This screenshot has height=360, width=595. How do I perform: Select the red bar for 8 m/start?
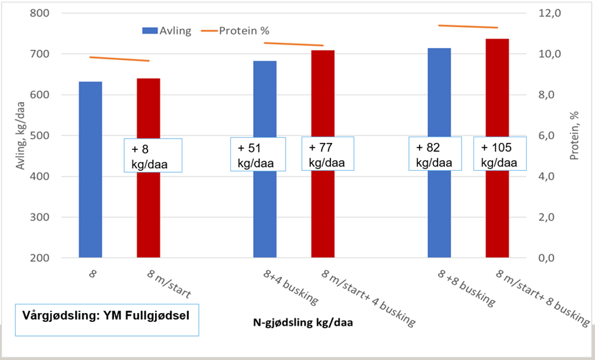click(x=149, y=209)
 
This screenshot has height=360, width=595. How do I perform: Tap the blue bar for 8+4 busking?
click(x=265, y=209)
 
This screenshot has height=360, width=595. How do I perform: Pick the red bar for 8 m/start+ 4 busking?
click(x=323, y=209)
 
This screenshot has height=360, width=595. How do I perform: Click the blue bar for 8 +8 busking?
click(x=439, y=209)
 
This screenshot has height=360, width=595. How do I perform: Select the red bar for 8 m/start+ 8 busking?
click(x=498, y=209)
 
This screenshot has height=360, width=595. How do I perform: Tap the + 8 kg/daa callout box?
click(x=153, y=155)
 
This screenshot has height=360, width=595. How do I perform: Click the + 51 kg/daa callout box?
click(x=259, y=154)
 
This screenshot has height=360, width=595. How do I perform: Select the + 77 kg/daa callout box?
click(x=327, y=154)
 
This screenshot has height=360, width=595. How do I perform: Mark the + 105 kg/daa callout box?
click(x=500, y=154)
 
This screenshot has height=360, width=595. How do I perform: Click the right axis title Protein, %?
click(x=575, y=135)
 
